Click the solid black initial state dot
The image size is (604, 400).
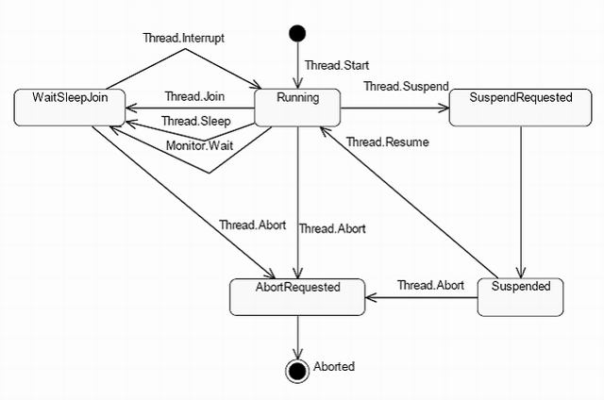coord(298,35)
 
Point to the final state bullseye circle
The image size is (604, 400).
coord(298,368)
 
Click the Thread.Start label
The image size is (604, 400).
coord(336,66)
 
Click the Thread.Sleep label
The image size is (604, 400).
coord(195,121)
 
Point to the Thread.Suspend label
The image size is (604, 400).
coord(405,86)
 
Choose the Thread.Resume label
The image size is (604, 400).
coord(387,142)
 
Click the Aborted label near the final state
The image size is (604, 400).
coord(333,366)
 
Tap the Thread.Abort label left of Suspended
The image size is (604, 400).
coord(429,284)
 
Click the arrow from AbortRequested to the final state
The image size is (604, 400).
coord(298,335)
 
